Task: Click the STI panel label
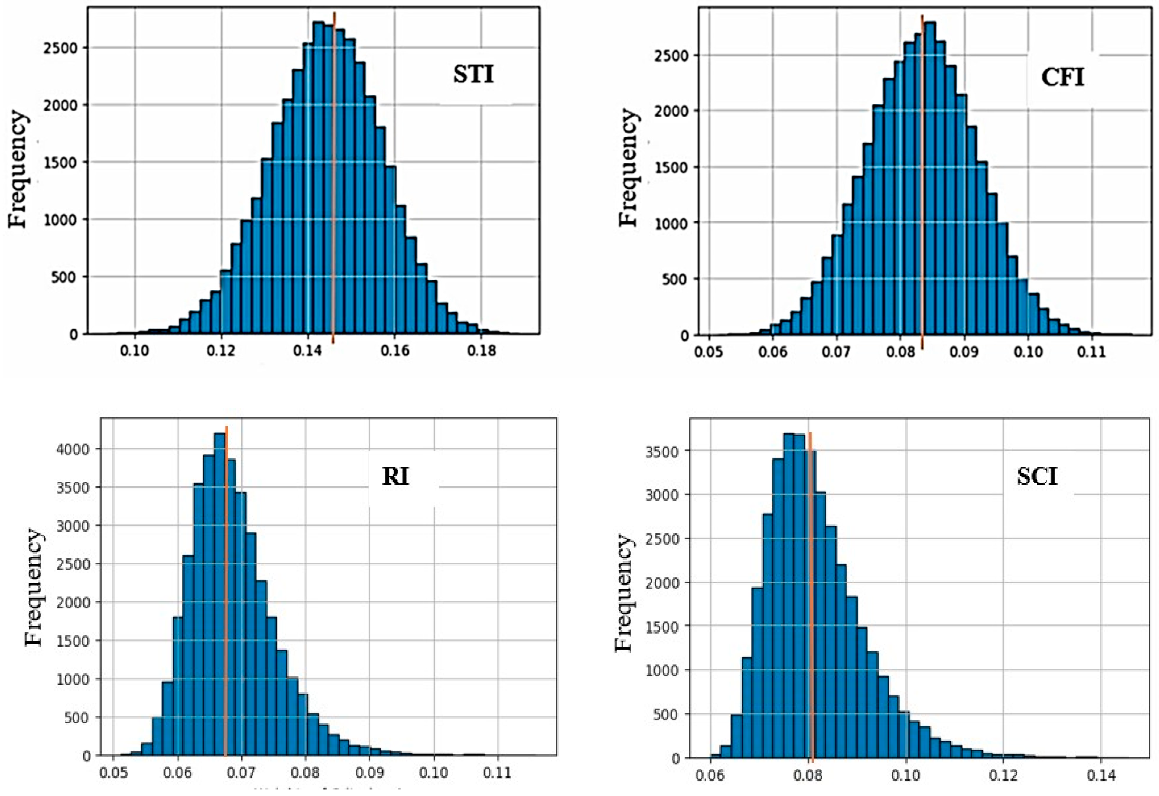pyautogui.click(x=473, y=75)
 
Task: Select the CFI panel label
pyautogui.click(x=1062, y=78)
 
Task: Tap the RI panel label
pyautogui.click(x=395, y=477)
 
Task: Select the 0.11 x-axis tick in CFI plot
pyautogui.click(x=1091, y=352)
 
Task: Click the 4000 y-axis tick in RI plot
pyautogui.click(x=73, y=449)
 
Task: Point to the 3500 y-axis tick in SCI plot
pyautogui.click(x=662, y=451)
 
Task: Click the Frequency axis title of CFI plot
pyautogui.click(x=628, y=167)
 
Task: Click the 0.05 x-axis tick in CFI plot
pyautogui.click(x=708, y=352)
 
